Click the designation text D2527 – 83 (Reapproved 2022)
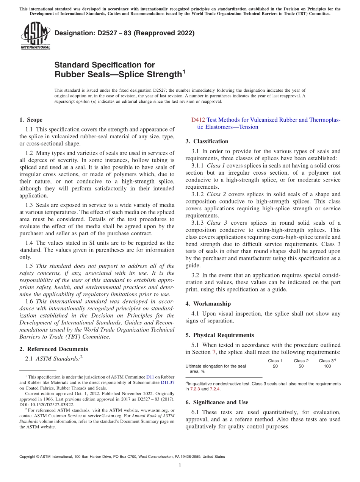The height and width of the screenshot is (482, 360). [x=124, y=33]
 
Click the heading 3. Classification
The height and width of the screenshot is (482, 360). [x=207, y=141]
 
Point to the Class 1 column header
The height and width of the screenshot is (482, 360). [x=275, y=361]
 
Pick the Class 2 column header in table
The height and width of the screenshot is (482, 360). [x=301, y=361]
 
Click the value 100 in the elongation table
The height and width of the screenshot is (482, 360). [x=327, y=366]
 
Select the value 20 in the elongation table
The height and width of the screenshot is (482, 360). [x=275, y=366]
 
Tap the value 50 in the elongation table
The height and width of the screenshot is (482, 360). [x=301, y=366]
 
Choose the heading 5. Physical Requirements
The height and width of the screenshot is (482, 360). [x=220, y=335]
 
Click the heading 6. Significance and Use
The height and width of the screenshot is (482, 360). [x=217, y=402]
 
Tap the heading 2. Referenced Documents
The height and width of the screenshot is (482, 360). [x=53, y=349]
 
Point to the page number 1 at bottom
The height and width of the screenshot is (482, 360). [x=180, y=465]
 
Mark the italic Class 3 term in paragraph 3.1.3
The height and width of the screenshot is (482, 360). [x=217, y=223]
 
